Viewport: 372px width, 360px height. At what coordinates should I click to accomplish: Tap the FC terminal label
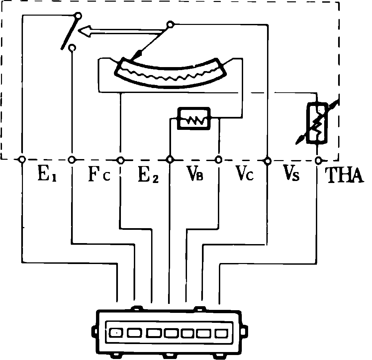coord(98,176)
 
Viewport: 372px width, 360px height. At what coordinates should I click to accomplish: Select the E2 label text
coord(148,176)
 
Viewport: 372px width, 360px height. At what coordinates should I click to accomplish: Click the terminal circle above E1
coord(22,160)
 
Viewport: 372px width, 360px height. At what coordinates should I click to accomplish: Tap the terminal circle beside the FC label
coord(71,160)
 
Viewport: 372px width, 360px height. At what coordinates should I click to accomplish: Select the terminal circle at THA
coord(318,160)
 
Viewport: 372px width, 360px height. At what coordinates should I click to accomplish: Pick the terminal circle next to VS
coord(267,161)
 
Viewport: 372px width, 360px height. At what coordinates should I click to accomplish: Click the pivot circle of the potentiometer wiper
coord(170,24)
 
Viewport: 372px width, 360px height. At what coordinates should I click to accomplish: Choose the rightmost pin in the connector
coord(221,332)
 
